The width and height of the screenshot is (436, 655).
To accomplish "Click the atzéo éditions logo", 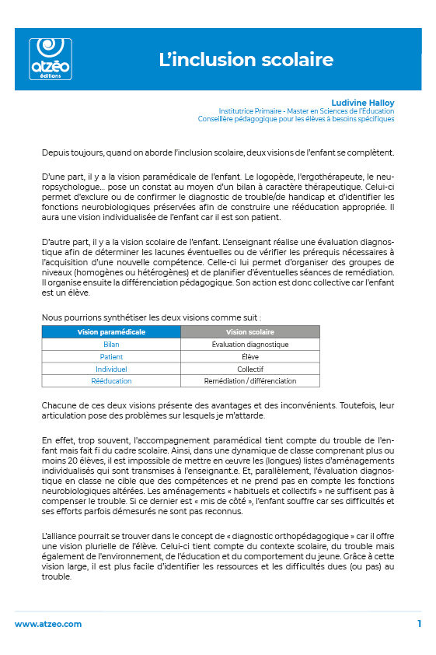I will pyautogui.click(x=50, y=58).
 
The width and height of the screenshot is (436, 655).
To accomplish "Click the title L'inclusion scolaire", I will pyautogui.click(x=246, y=60).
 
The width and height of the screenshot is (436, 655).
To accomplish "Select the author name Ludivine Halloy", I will pyautogui.click(x=364, y=103).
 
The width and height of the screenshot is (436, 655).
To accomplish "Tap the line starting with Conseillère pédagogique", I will pyautogui.click(x=296, y=119).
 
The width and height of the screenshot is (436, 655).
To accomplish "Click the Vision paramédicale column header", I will pyautogui.click(x=111, y=331).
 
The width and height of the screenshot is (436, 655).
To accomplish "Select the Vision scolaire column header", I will pyautogui.click(x=249, y=331).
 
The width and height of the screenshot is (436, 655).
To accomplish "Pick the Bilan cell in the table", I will pyautogui.click(x=111, y=344).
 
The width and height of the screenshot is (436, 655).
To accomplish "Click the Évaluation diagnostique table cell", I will pyautogui.click(x=249, y=344).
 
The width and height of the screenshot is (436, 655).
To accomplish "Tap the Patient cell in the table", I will pyautogui.click(x=111, y=356).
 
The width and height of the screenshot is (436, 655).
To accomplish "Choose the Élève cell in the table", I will pyautogui.click(x=249, y=356).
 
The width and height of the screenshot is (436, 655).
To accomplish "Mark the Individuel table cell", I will pyautogui.click(x=111, y=369).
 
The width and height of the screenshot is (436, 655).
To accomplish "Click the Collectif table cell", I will pyautogui.click(x=249, y=369).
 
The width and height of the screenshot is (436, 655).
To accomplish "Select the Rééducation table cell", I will pyautogui.click(x=111, y=381).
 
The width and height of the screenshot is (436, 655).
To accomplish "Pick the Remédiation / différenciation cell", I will pyautogui.click(x=249, y=381).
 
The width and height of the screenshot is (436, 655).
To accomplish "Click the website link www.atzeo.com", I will pyautogui.click(x=48, y=624).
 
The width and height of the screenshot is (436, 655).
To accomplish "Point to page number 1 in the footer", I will pyautogui.click(x=419, y=624).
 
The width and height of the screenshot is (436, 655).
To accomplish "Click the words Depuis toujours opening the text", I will pyautogui.click(x=68, y=152).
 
